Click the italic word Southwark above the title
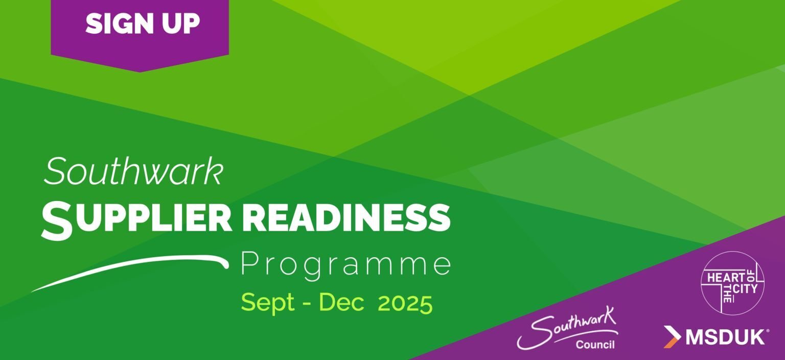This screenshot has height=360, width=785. click(133, 171)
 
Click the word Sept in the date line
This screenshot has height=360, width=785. click(268, 303)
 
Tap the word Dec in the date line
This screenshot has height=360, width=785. click(341, 302)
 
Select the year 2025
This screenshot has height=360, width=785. click(405, 303)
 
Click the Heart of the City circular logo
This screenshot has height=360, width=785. click(732, 283)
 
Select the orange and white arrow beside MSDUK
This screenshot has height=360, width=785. click(672, 337)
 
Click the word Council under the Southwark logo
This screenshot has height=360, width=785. click(595, 345)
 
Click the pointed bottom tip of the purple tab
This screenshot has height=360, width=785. click(140, 72)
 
